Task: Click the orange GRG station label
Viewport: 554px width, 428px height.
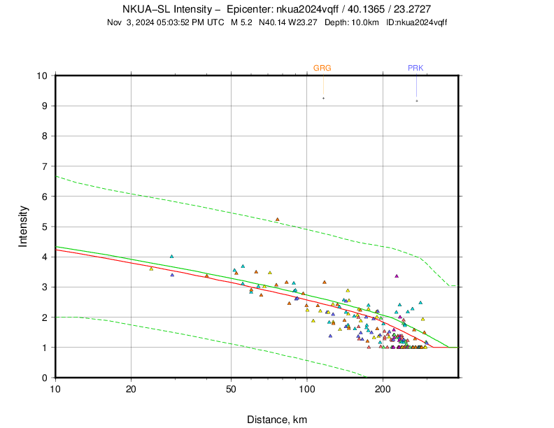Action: coord(322,68)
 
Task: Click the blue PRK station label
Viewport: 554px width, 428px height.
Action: coord(415,68)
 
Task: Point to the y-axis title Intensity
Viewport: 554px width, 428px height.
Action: coord(23,226)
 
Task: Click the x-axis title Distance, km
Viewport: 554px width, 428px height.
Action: coord(277,420)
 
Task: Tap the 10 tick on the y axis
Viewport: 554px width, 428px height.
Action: coord(41,76)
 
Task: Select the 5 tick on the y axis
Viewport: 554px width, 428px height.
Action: coord(44,227)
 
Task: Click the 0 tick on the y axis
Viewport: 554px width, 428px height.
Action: coord(44,378)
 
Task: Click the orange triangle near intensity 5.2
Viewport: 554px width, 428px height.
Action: coord(278,220)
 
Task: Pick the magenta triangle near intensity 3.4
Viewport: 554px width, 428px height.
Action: coord(397,276)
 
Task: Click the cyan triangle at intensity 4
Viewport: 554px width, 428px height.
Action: coord(171,257)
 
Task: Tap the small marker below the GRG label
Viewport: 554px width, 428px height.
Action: coord(323,98)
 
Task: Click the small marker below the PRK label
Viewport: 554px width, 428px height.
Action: coord(416,101)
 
